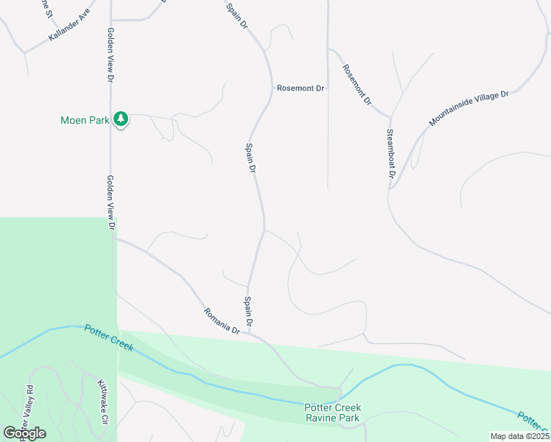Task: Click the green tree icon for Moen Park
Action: pos(121,119)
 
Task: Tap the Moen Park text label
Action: pos(84,119)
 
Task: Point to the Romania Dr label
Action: pos(222,321)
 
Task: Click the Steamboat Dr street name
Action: pos(390,154)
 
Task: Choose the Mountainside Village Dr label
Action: pos(469,108)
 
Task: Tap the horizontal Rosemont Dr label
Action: pos(301,88)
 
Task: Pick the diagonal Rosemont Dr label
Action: pos(357,85)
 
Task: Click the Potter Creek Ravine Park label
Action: pos(332,413)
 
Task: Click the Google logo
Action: pos(24,433)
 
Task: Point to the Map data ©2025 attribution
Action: pos(519,436)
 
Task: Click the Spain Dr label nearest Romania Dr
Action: pos(249,312)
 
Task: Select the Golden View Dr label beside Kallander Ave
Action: pos(110,55)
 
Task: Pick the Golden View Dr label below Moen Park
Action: pos(110,203)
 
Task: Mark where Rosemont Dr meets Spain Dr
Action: pos(270,88)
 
